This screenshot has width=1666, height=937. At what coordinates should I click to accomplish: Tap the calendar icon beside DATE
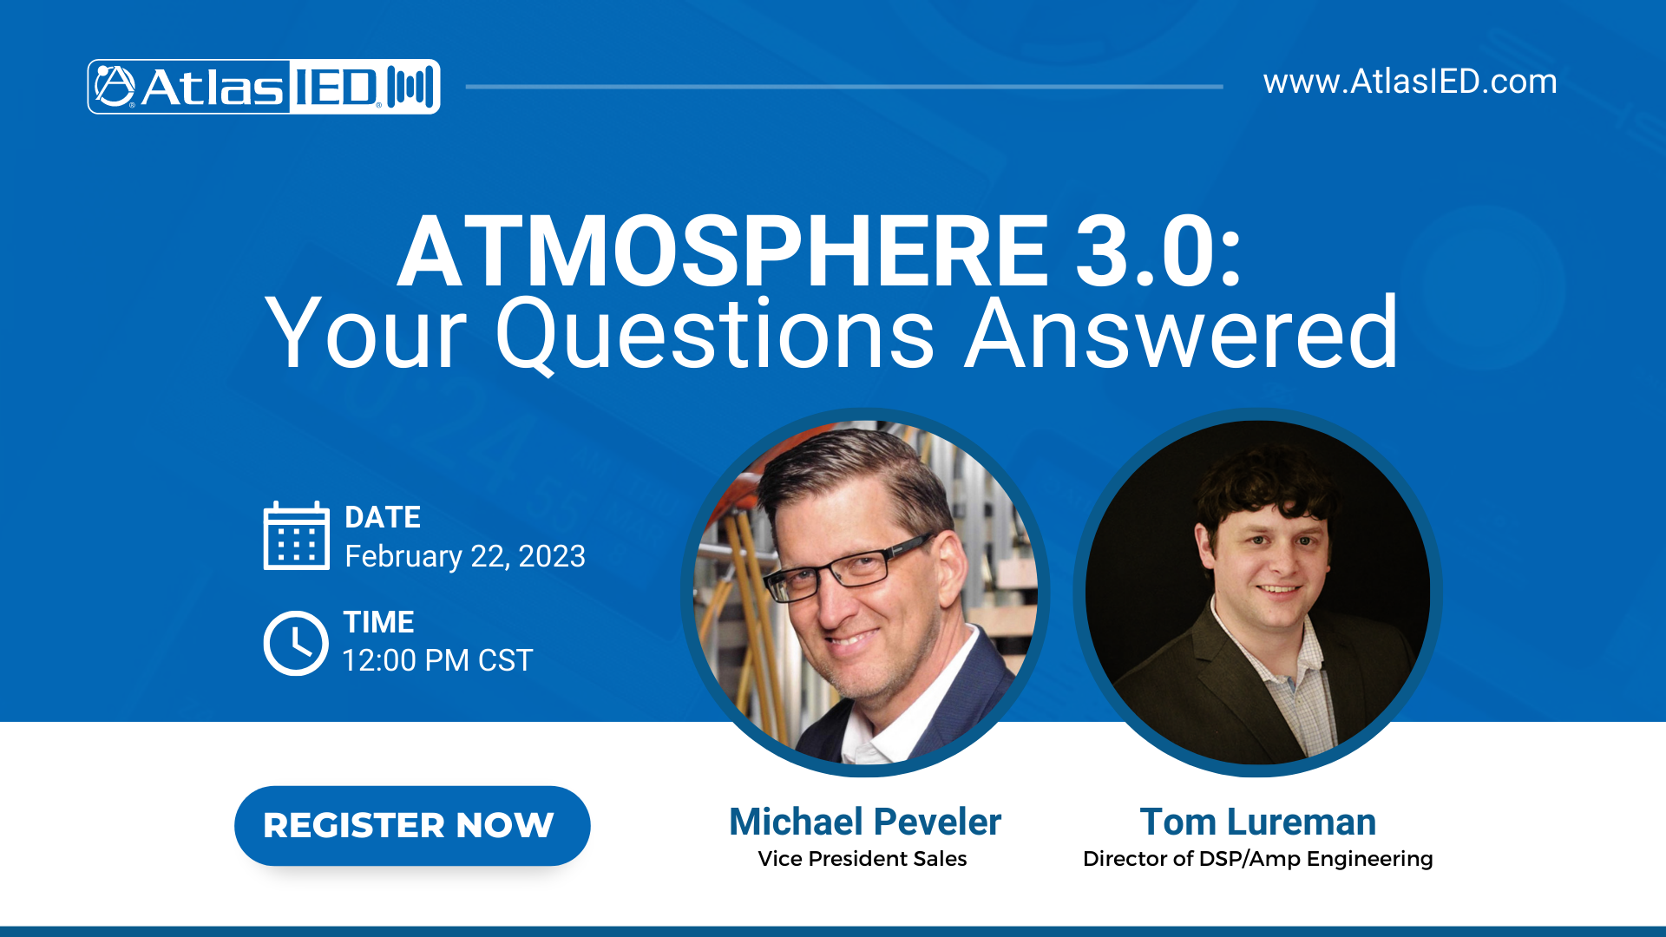(x=296, y=536)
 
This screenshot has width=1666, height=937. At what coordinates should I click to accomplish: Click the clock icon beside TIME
(x=296, y=643)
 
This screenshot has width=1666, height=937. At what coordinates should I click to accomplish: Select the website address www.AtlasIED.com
(x=1409, y=82)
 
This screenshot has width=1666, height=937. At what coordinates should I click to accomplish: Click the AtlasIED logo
(x=263, y=87)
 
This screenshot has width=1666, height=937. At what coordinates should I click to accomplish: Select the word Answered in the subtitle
(x=1181, y=334)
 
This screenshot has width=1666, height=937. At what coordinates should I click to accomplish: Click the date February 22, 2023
(x=465, y=556)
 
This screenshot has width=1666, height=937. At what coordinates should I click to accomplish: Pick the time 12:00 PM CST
(x=437, y=660)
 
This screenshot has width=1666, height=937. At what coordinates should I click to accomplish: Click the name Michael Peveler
(x=864, y=822)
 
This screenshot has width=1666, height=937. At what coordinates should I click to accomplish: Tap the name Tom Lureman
(x=1257, y=822)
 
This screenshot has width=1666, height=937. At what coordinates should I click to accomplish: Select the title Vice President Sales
(x=862, y=859)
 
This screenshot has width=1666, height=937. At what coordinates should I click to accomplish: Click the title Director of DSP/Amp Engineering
(x=1257, y=859)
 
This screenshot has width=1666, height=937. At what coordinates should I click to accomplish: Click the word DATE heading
(x=383, y=517)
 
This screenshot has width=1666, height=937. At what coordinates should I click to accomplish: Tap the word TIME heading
(x=378, y=622)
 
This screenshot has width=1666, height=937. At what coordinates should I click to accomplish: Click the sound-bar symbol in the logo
(x=410, y=87)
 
